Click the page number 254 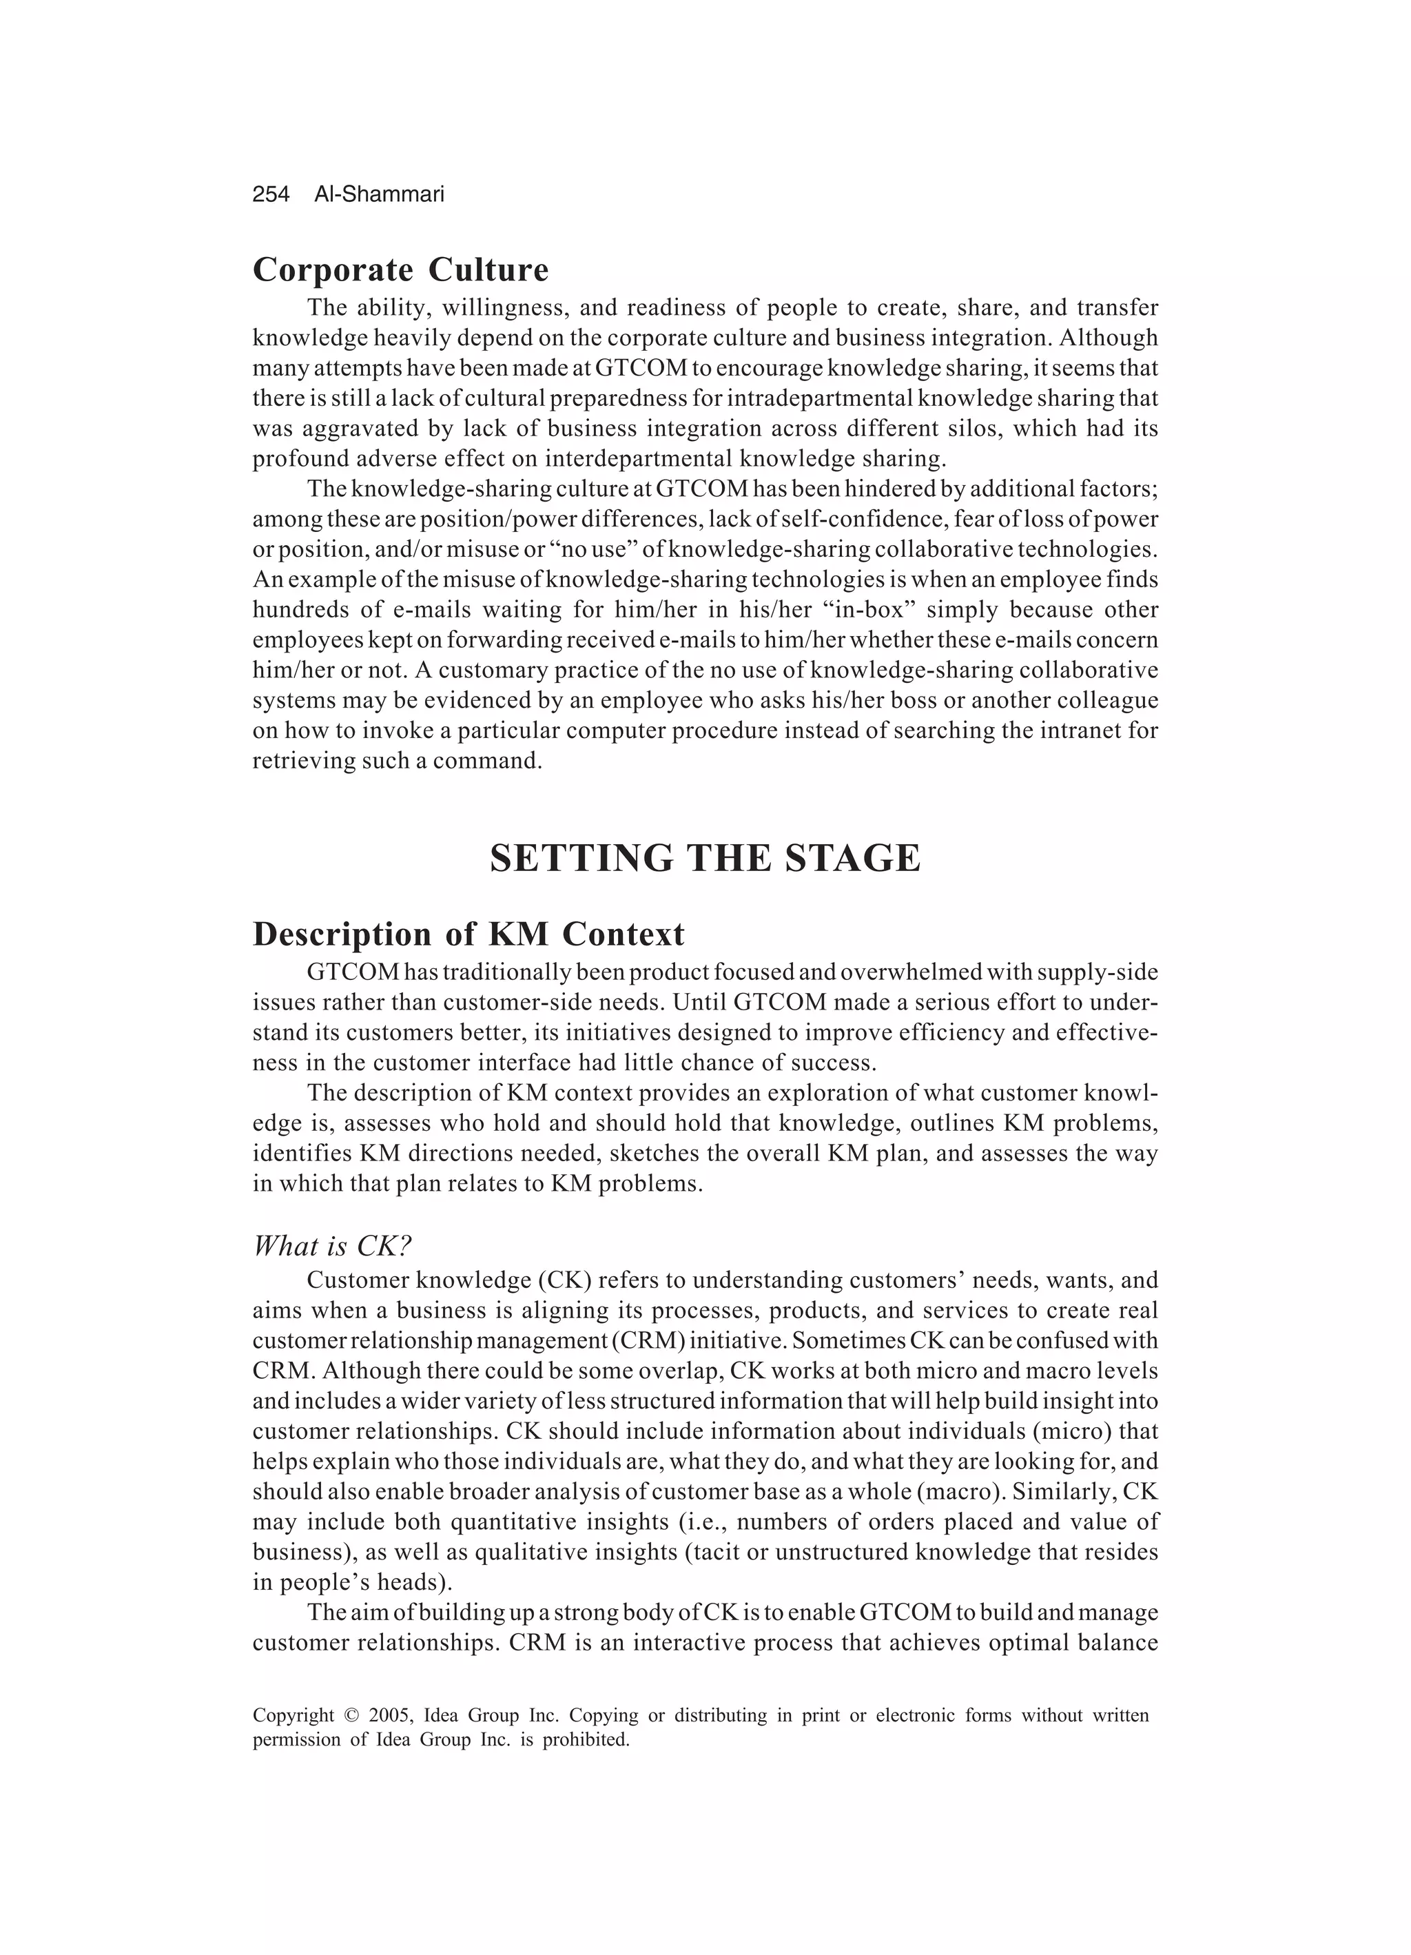[271, 195]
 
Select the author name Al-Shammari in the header [379, 195]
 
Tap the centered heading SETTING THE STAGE [705, 859]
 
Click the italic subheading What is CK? [333, 1246]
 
